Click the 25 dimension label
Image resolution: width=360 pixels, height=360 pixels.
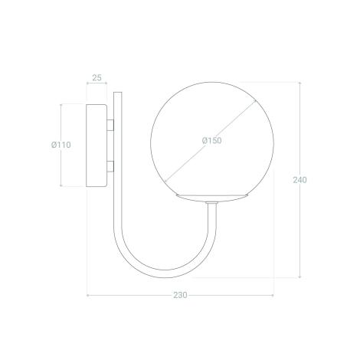(97, 77)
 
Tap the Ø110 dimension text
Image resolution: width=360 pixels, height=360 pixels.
(61, 145)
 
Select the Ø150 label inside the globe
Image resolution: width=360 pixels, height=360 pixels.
(212, 140)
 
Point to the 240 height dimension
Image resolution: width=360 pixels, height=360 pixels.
(299, 180)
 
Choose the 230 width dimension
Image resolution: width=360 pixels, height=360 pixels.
(180, 295)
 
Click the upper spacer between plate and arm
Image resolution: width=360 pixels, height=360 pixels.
(110, 125)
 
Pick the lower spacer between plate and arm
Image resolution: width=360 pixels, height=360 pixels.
(110, 166)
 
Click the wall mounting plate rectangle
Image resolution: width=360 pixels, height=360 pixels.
(97, 146)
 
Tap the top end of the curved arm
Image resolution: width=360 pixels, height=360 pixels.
(118, 93)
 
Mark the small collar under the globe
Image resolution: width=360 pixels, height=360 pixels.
(212, 203)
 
